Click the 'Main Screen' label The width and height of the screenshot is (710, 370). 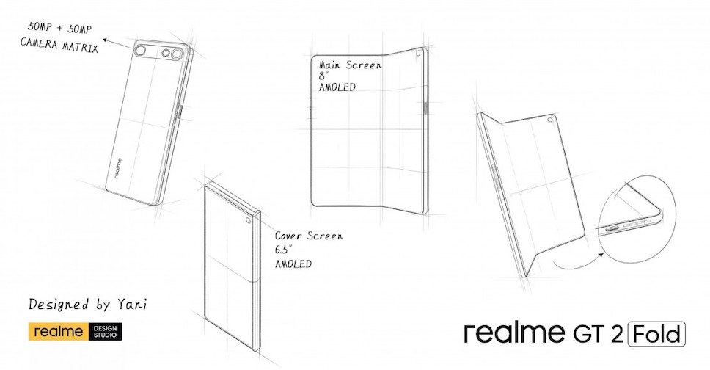(351, 65)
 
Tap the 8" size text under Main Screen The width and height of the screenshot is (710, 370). (323, 76)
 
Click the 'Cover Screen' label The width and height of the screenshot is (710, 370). (308, 236)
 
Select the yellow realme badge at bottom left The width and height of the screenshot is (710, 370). (59, 331)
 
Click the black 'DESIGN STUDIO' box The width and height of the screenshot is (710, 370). (106, 331)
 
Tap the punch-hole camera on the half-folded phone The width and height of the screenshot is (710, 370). (551, 121)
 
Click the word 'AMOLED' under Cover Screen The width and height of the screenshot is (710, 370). (293, 264)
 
